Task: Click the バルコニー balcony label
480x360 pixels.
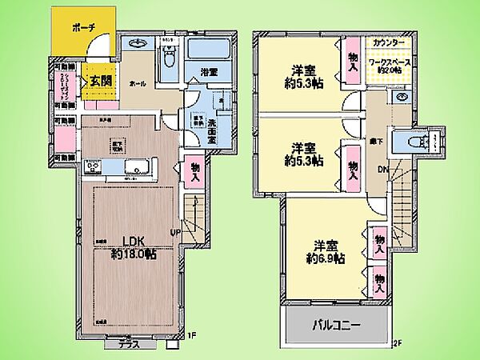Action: pyautogui.click(x=335, y=326)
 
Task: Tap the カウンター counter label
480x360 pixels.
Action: pyautogui.click(x=388, y=42)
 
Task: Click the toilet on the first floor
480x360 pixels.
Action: pyautogui.click(x=169, y=56)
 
